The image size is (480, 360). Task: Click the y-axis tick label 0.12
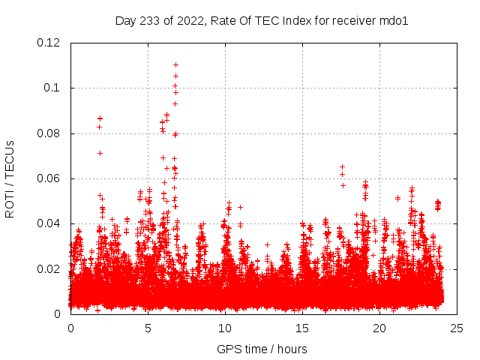click(x=49, y=43)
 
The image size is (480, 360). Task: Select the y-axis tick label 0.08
click(x=49, y=133)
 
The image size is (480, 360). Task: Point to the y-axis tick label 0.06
click(x=49, y=178)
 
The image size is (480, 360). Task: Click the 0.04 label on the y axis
click(x=49, y=223)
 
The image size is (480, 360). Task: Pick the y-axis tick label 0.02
click(x=49, y=268)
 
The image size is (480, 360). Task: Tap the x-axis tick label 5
click(x=148, y=328)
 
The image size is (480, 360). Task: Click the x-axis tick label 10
click(x=225, y=328)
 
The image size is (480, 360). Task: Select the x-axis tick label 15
click(x=302, y=328)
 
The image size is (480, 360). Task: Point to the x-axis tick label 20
click(x=379, y=328)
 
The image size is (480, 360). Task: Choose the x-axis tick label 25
click(x=457, y=328)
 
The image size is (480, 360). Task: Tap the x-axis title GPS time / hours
click(x=262, y=349)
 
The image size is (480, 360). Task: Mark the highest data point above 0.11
click(x=175, y=64)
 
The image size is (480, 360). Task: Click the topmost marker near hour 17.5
click(x=343, y=166)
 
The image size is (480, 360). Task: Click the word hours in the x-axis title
click(x=292, y=349)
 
